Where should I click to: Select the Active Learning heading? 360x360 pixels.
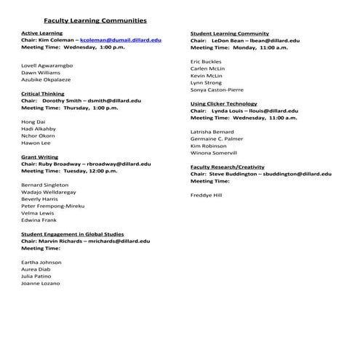tap(41, 33)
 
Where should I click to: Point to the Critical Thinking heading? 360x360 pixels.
tap(43, 94)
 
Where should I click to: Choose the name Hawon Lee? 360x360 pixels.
tap(36, 143)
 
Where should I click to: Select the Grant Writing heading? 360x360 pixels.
tap(40, 156)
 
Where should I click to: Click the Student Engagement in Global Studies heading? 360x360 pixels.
tap(73, 234)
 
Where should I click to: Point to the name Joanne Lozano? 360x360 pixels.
tap(41, 283)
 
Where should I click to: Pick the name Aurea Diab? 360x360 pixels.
tap(37, 269)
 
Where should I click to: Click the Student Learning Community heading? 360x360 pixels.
tap(229, 33)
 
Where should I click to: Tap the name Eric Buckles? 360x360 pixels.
tap(206, 62)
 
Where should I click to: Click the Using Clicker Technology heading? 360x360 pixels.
tap(224, 103)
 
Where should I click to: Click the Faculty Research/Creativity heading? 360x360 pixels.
tap(228, 167)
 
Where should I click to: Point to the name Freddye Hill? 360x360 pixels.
tap(207, 195)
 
